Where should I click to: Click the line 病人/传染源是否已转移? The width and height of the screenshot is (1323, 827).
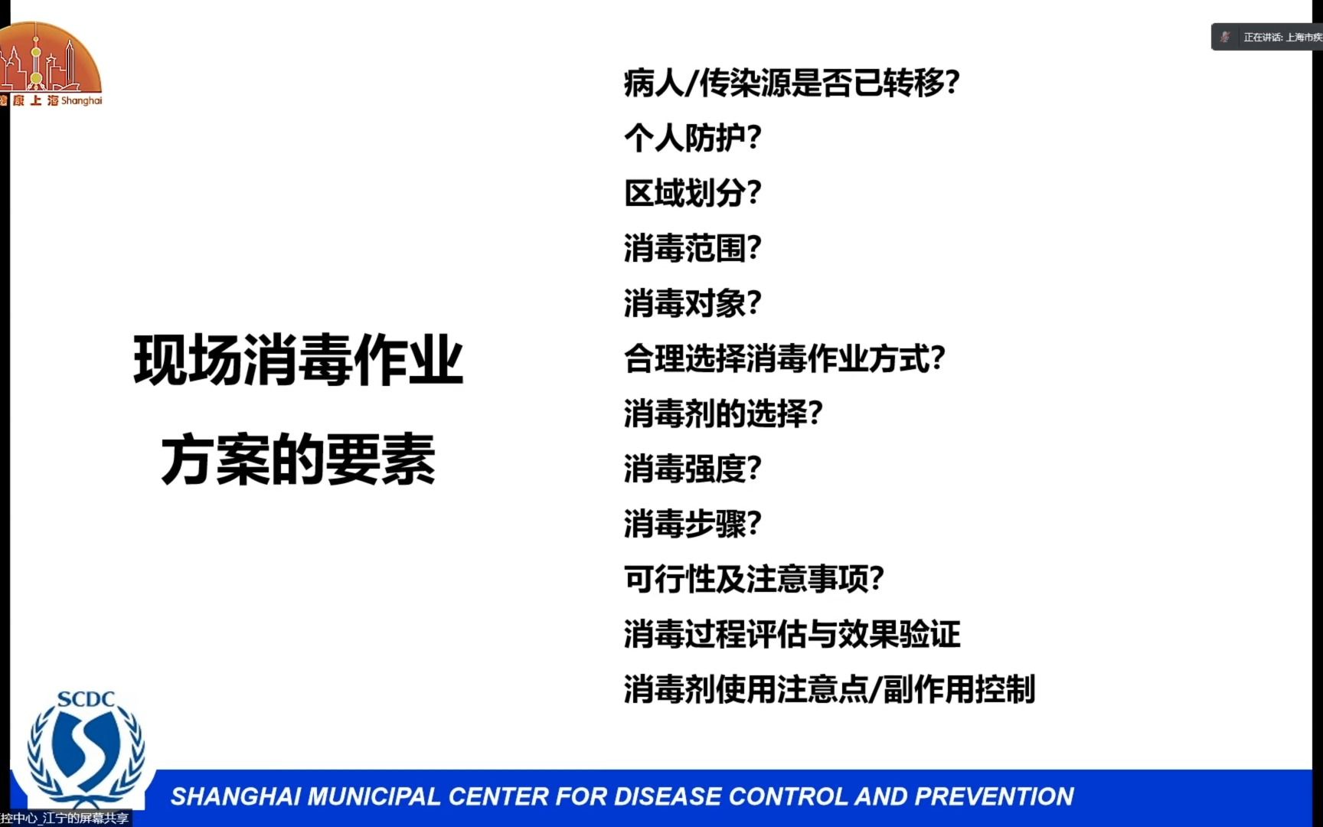(792, 83)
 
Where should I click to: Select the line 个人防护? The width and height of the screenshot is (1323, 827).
(692, 138)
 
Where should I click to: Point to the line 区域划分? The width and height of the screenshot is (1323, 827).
(692, 193)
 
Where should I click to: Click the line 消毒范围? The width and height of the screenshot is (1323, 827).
(692, 248)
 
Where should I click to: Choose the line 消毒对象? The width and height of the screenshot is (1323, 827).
(692, 303)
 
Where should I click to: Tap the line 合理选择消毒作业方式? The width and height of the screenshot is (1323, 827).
(784, 358)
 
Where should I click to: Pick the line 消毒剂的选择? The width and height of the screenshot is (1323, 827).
(723, 413)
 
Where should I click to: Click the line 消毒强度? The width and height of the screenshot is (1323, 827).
(692, 469)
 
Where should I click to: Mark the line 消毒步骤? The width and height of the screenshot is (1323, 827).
(692, 524)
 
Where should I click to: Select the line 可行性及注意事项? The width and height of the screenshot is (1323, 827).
(753, 579)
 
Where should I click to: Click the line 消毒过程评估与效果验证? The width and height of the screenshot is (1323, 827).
(792, 634)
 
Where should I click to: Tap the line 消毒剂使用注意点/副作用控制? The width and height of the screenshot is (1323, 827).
(829, 689)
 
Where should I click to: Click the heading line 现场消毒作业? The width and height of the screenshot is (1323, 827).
(298, 360)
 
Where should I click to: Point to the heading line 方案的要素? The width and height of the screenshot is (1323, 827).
(298, 459)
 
